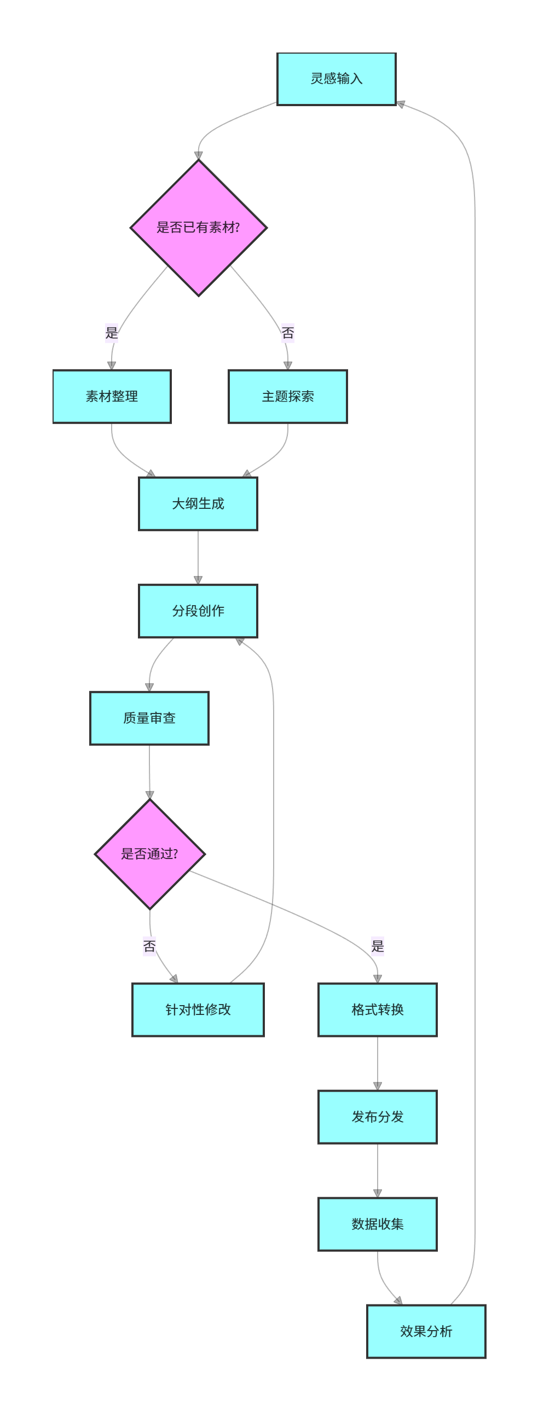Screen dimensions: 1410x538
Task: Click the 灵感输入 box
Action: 336,79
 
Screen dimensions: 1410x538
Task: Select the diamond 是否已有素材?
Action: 198,228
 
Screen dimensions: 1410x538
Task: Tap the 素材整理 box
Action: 112,396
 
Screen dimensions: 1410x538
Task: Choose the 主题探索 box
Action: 287,396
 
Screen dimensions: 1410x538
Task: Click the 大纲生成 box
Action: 198,503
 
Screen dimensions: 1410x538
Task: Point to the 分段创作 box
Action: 198,611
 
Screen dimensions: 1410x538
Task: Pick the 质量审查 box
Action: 149,718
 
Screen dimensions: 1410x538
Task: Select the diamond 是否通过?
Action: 149,854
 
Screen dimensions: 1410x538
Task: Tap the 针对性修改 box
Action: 198,1009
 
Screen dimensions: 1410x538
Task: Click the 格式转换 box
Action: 377,1009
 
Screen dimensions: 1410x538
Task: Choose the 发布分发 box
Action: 377,1117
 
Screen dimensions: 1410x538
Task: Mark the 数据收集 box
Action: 377,1224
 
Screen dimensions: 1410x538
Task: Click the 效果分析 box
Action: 426,1331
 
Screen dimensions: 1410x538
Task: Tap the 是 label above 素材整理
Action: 112,332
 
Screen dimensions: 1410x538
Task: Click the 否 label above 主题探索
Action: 288,332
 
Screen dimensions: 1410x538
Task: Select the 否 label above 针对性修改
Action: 149,946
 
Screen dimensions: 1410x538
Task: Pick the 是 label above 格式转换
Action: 378,946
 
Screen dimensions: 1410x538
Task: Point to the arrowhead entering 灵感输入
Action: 401,103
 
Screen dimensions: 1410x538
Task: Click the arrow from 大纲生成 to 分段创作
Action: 198,557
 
